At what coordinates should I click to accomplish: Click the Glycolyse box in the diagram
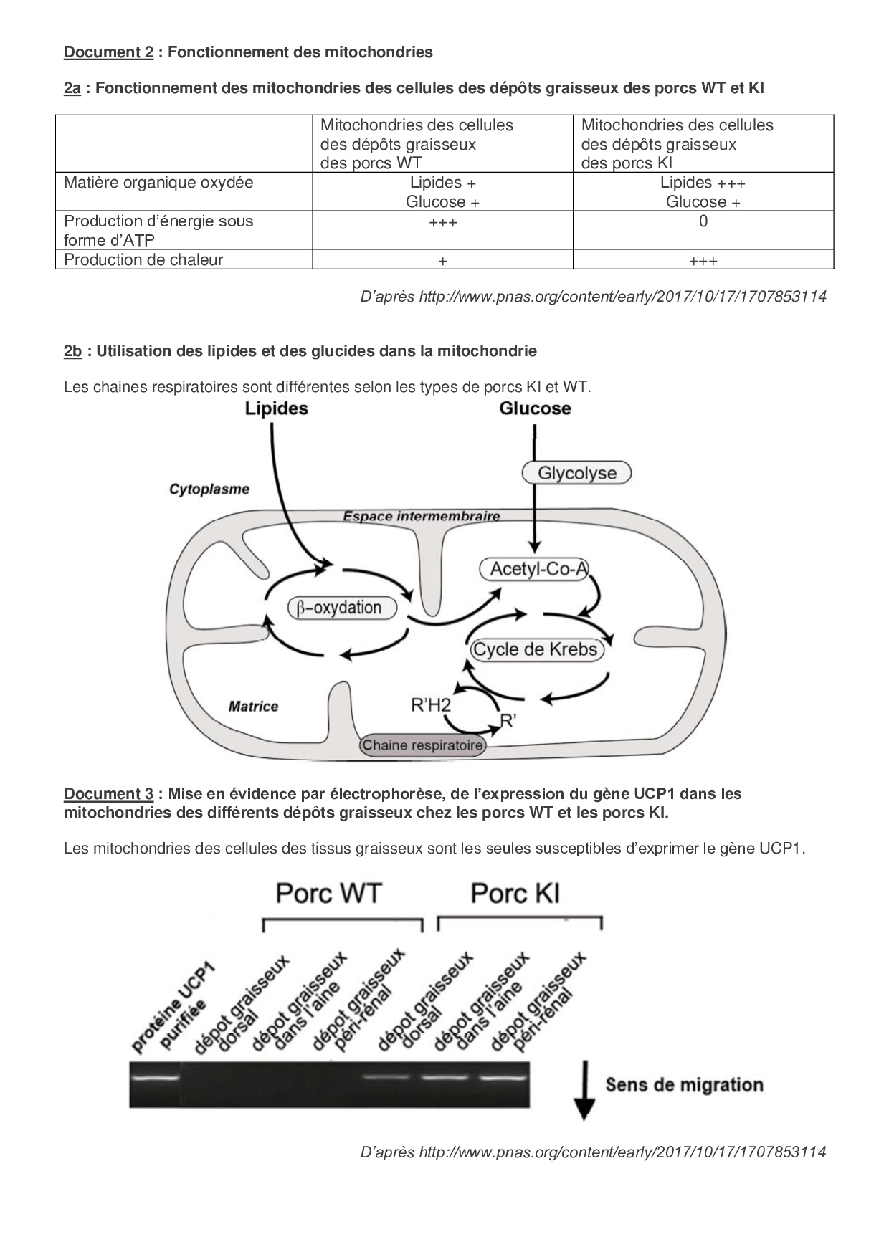576,473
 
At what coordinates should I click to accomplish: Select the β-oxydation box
342,608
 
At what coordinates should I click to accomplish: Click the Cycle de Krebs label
535,650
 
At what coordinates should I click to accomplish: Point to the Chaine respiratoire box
422,745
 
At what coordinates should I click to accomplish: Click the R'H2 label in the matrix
430,706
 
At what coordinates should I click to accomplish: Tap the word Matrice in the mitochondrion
253,707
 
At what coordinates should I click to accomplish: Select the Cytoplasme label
209,489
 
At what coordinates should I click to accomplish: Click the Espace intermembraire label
421,516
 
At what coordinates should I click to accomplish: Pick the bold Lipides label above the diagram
276,408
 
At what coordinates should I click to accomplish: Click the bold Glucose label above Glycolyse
535,408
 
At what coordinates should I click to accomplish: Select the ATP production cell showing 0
703,221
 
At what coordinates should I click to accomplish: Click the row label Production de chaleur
143,259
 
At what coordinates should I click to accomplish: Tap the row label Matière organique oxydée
158,183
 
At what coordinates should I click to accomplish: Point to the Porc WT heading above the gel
328,894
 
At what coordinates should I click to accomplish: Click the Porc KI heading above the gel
515,894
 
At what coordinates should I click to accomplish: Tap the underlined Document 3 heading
108,794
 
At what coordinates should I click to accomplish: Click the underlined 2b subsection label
72,351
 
